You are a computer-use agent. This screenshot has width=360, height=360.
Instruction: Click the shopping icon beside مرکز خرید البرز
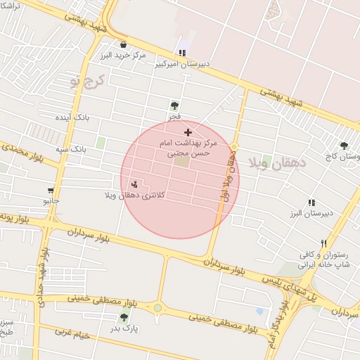click(123, 44)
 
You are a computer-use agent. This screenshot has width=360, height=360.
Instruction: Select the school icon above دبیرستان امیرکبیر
click(182, 52)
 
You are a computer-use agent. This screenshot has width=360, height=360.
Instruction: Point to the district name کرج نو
click(86, 81)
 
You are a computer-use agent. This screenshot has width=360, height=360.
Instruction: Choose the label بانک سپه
click(75, 150)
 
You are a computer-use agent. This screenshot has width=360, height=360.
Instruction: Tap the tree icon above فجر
click(174, 105)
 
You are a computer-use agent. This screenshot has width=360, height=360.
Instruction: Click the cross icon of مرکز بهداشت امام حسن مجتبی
click(188, 132)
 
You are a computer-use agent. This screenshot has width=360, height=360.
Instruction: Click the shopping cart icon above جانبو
click(51, 190)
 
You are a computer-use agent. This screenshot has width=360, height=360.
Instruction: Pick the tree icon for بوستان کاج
click(344, 146)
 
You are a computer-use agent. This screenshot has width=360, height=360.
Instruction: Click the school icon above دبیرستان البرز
click(311, 202)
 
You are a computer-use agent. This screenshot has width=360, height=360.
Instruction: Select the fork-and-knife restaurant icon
click(323, 243)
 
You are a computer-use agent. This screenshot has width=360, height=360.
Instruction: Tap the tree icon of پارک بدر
click(124, 317)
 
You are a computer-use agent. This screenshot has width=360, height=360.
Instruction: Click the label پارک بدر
click(126, 328)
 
